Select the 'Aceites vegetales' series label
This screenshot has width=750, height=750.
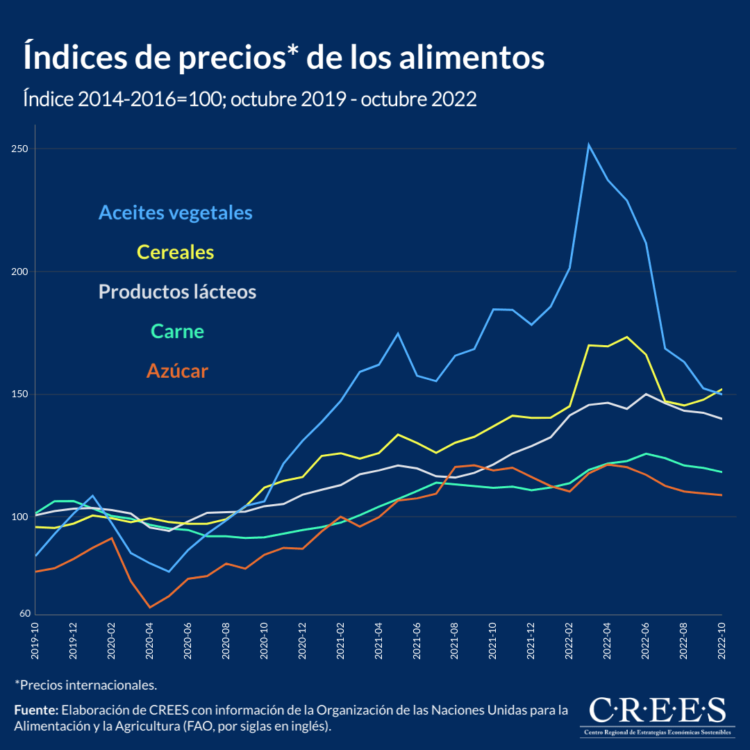(x=176, y=212)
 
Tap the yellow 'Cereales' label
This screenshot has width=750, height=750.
(x=176, y=252)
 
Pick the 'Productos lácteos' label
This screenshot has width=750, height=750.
(x=177, y=292)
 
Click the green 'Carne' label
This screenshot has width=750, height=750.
(x=178, y=332)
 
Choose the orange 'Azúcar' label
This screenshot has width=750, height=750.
(x=177, y=372)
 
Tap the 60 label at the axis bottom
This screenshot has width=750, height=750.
(x=25, y=614)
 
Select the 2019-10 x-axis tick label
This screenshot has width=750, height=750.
(x=35, y=635)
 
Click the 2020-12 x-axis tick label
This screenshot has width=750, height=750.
(x=302, y=635)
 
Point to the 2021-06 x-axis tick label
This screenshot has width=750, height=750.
(x=417, y=635)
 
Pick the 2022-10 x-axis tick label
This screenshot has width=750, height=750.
(x=722, y=635)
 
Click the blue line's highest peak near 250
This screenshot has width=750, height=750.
(x=588, y=144)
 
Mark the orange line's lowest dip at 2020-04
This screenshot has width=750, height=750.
(x=149, y=608)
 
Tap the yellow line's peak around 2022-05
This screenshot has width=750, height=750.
(x=627, y=337)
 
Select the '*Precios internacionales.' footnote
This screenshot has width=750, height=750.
(x=86, y=685)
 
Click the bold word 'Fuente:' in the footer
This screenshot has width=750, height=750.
(x=36, y=710)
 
